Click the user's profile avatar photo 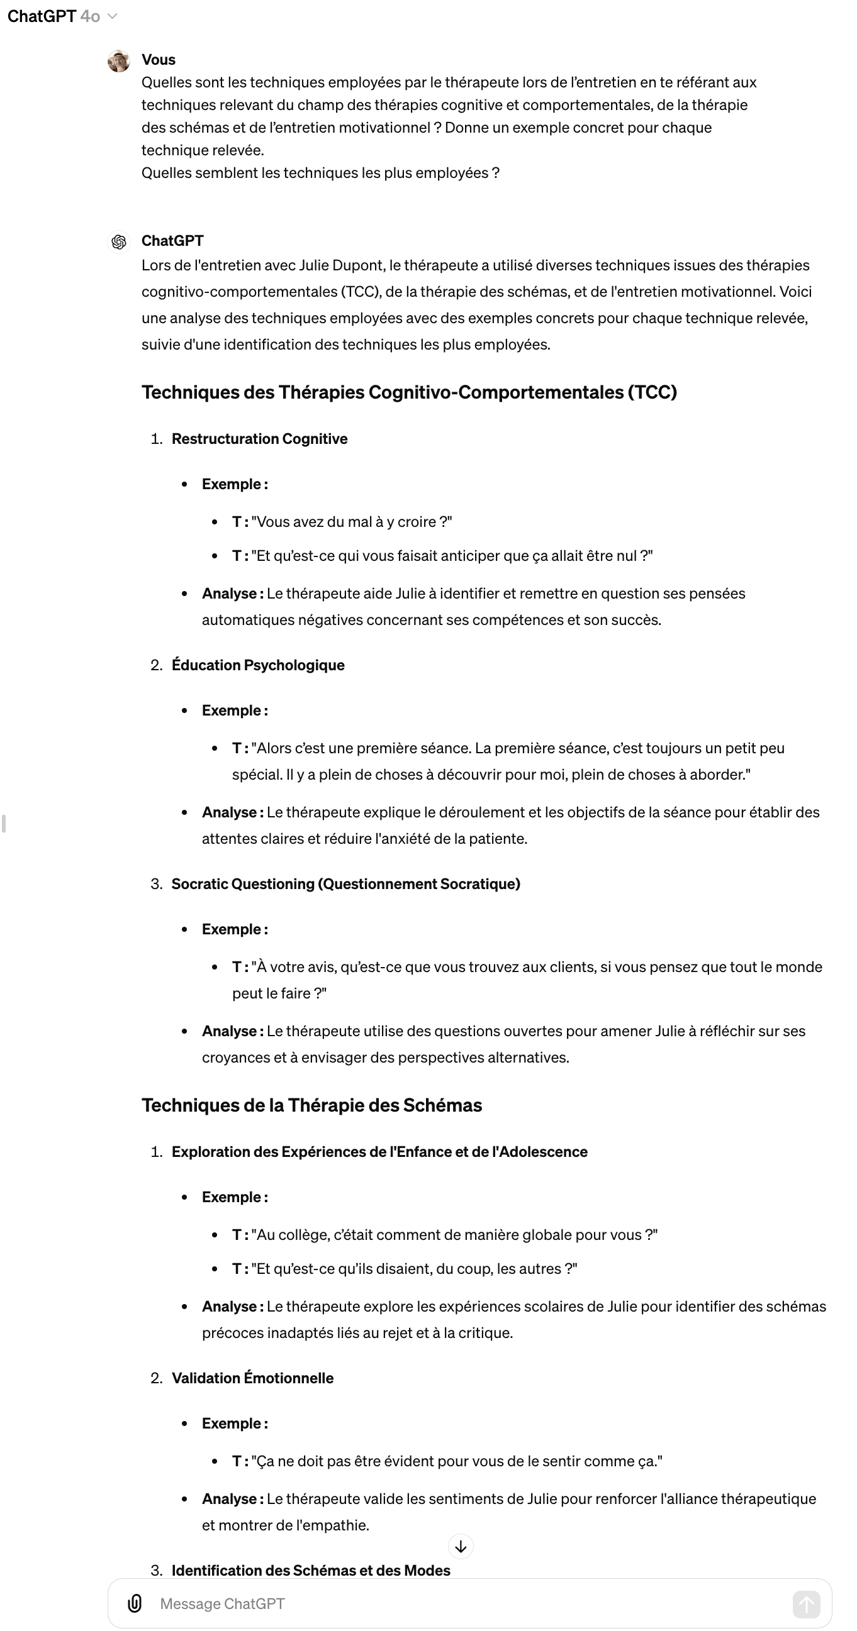[x=118, y=61]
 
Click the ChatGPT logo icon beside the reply [x=118, y=242]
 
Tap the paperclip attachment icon [x=134, y=1603]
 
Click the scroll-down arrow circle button [x=461, y=1547]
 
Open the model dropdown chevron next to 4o [x=113, y=16]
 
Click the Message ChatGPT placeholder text [x=222, y=1604]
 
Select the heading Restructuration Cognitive [x=259, y=439]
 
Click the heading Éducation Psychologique [x=258, y=665]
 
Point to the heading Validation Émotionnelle [x=252, y=1378]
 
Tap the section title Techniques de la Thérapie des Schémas [x=311, y=1105]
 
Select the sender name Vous [x=159, y=60]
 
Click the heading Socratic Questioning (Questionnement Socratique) [x=345, y=884]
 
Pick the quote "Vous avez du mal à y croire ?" [x=352, y=522]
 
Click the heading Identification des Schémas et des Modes [x=310, y=1570]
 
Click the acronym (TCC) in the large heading [x=653, y=392]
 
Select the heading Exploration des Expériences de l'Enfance [x=379, y=1152]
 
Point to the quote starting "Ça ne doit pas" [x=456, y=1461]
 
